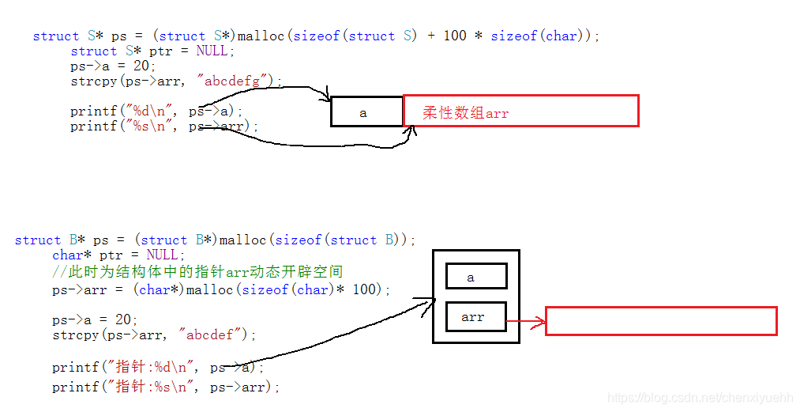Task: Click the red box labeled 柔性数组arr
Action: point(520,112)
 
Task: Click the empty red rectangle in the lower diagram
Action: point(661,321)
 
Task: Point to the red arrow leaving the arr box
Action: point(526,321)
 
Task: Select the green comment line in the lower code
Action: point(197,272)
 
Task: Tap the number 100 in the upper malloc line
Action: point(455,36)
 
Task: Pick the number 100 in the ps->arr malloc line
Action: point(365,289)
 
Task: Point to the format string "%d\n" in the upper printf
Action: point(152,112)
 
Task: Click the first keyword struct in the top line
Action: point(55,36)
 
